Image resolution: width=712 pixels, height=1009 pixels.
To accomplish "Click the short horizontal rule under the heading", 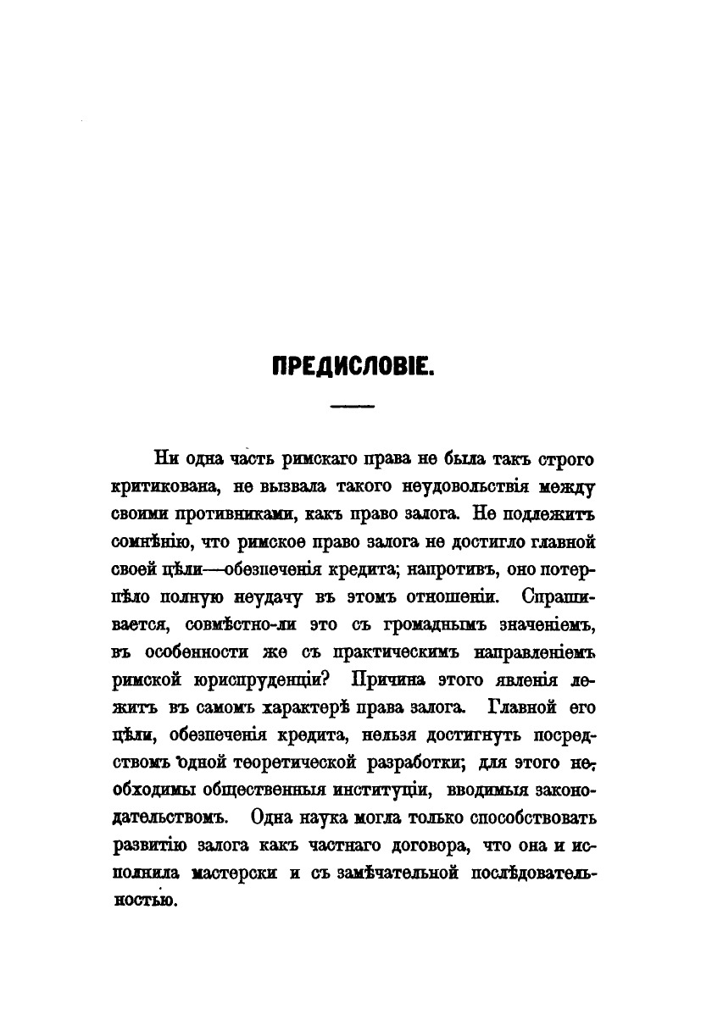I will (x=353, y=408).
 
